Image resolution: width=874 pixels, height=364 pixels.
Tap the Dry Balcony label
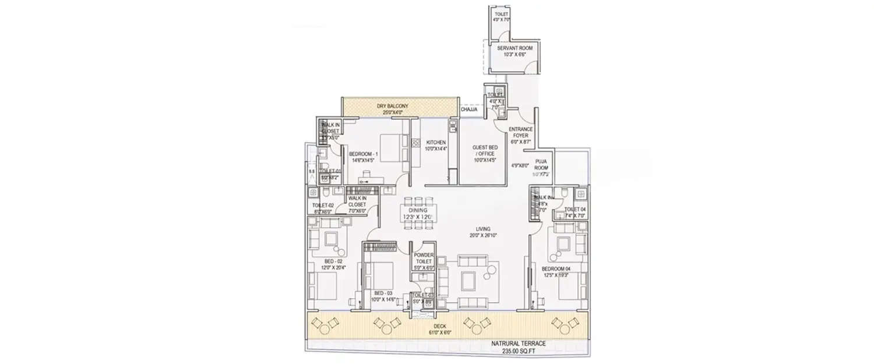pyautogui.click(x=392, y=106)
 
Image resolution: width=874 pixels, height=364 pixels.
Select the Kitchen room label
pyautogui.click(x=436, y=142)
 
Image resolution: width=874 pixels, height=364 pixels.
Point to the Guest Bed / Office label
pyautogui.click(x=485, y=151)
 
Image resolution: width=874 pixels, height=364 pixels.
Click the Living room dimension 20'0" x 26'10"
pyautogui.click(x=482, y=236)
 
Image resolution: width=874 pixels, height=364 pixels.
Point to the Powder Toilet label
pyautogui.click(x=423, y=259)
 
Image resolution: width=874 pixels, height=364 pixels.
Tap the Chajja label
pyautogui.click(x=469, y=109)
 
